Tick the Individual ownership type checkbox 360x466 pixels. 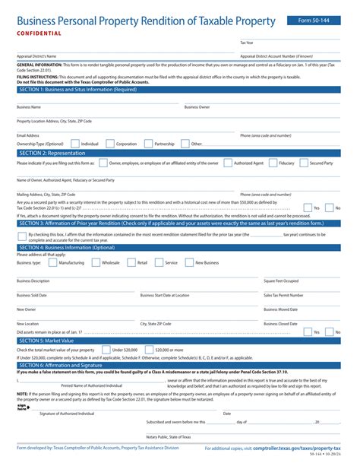(x=74, y=143)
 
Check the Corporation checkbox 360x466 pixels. (x=110, y=143)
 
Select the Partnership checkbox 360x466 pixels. (x=149, y=143)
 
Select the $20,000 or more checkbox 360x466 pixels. (x=153, y=349)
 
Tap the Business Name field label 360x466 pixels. (x=29, y=107)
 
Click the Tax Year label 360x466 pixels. (x=248, y=43)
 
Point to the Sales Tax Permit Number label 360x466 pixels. (x=283, y=295)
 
